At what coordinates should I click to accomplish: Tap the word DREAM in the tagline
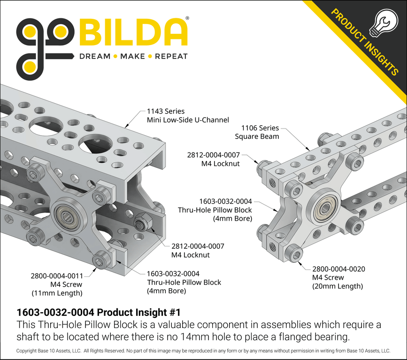pos(95,56)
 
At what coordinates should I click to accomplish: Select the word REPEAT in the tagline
pos(171,56)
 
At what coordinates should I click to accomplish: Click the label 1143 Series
pos(166,111)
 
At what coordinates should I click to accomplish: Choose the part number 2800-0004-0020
pos(338,269)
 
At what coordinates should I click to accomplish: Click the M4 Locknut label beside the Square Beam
pos(220,159)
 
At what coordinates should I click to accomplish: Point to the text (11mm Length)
pos(57,293)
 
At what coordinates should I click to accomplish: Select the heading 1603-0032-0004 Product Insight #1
pos(98,312)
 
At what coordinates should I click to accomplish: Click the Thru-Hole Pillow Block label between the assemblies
pos(215,210)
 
